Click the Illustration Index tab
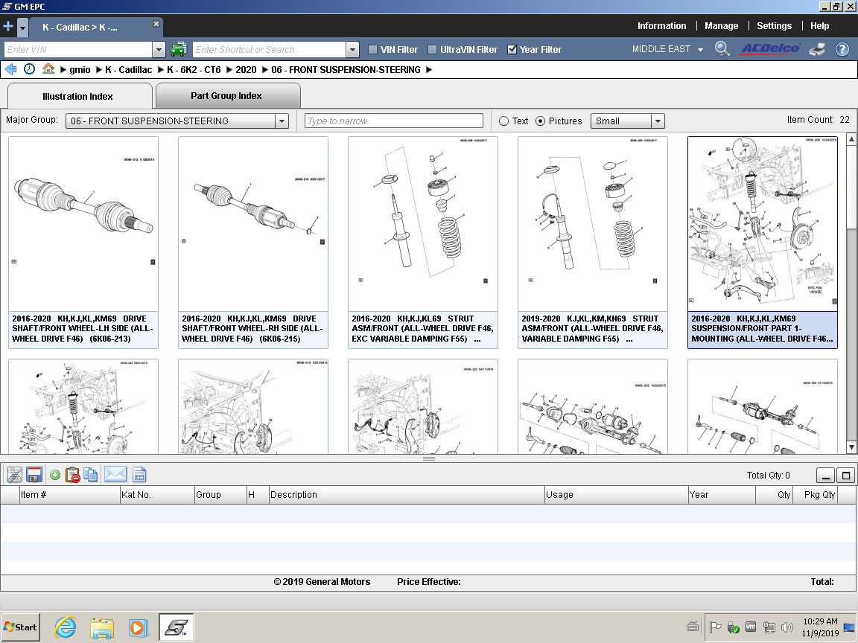[78, 96]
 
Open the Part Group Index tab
[226, 95]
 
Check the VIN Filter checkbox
[373, 50]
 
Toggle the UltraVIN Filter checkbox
[433, 50]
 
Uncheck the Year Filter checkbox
[512, 50]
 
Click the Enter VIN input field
[77, 50]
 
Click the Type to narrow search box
[394, 121]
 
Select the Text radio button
[504, 121]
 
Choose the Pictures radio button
[541, 121]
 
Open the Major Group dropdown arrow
[282, 121]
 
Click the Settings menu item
[774, 25]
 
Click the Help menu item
[819, 25]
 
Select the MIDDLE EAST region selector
[667, 50]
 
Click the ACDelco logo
[769, 49]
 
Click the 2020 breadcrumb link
[246, 70]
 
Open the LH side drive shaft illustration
[83, 223]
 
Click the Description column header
[293, 495]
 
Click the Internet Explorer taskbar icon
[66, 627]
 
